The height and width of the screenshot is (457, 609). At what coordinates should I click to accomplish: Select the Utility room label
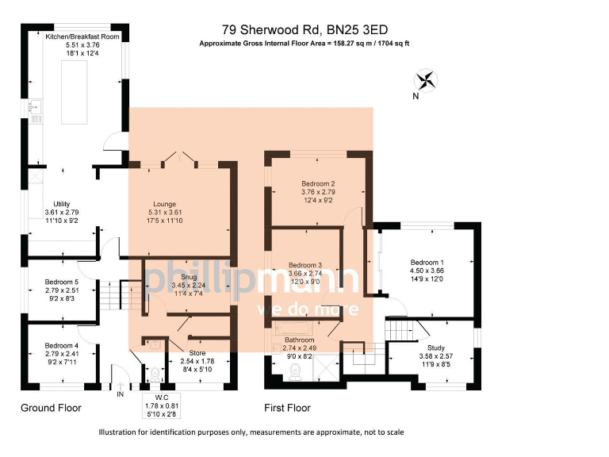[x=61, y=204]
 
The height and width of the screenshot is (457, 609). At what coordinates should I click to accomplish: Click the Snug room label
[x=189, y=277]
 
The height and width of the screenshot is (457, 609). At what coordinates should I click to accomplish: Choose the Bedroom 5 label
[x=61, y=282]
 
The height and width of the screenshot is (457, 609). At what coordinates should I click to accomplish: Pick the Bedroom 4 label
[x=61, y=346]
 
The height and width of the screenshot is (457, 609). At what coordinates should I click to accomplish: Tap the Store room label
[x=197, y=352]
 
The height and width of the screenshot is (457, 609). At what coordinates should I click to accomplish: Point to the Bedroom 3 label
[x=305, y=265]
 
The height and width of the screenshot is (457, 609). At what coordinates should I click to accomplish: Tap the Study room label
[x=435, y=348]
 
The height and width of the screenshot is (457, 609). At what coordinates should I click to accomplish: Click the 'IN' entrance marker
[x=121, y=394]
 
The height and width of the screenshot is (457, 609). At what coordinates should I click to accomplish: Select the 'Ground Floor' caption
[x=51, y=408]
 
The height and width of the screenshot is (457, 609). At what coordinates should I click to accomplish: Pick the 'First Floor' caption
[x=287, y=408]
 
